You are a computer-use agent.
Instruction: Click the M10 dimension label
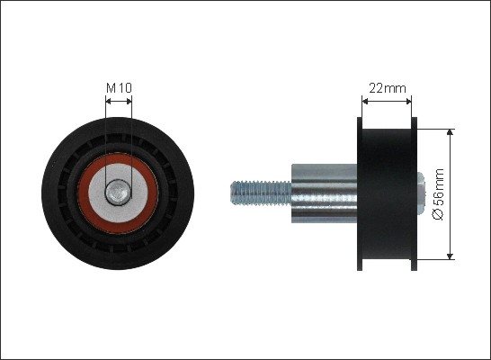pyautogui.click(x=119, y=88)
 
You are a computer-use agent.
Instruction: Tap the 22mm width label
pyautogui.click(x=388, y=88)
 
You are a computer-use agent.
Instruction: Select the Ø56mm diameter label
pyautogui.click(x=439, y=194)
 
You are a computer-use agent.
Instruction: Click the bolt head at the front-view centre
pyautogui.click(x=118, y=193)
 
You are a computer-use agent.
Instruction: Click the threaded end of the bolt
pyautogui.click(x=261, y=193)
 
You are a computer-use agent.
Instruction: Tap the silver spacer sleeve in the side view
pyautogui.click(x=324, y=193)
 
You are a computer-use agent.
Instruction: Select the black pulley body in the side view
pyautogui.click(x=387, y=193)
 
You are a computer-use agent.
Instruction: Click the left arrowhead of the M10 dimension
pyautogui.click(x=109, y=101)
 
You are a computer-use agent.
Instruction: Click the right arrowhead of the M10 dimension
pyautogui.click(x=129, y=101)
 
